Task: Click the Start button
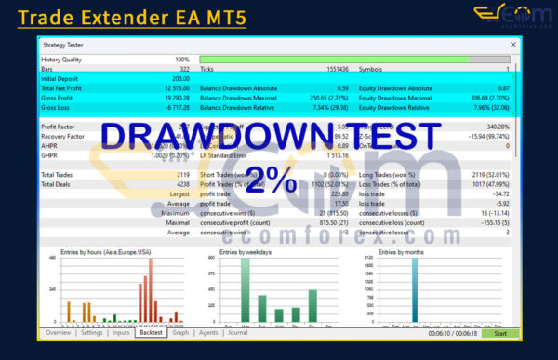[500, 332]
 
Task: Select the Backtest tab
[149, 332]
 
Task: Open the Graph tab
[180, 332]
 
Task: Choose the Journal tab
[237, 332]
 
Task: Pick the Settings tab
[91, 332]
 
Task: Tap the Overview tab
[58, 332]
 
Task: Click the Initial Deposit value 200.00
[177, 78]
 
